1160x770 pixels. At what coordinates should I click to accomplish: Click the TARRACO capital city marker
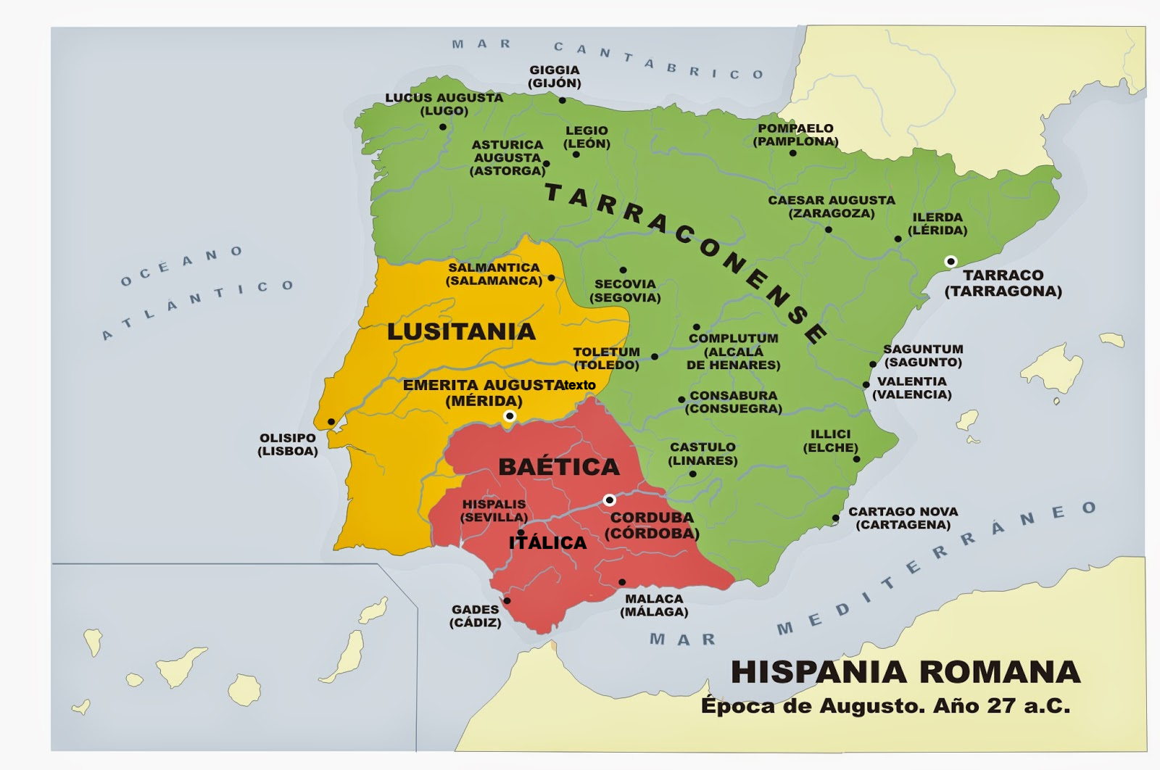950,262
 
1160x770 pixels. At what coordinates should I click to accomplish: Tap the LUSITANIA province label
461,331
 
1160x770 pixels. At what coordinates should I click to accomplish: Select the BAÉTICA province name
559,466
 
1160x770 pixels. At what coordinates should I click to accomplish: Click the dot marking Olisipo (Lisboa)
331,422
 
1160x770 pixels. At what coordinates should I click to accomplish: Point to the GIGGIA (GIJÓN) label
555,76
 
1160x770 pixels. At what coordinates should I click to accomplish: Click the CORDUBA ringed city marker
610,500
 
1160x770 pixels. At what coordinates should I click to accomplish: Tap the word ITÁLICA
547,542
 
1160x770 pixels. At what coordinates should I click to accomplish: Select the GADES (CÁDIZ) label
476,616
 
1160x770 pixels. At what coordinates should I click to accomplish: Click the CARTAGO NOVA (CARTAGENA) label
903,518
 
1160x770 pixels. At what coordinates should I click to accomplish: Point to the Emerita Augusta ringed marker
510,416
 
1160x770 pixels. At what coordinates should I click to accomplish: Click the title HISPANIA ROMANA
906,672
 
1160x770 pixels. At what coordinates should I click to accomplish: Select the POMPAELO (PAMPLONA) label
795,135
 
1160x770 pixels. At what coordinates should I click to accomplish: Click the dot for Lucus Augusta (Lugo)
443,127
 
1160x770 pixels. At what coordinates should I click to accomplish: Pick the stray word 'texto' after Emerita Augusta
580,385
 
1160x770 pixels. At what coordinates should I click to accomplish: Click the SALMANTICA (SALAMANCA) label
494,274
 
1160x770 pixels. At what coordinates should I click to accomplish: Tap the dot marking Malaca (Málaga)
622,582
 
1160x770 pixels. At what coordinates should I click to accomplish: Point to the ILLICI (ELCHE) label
830,441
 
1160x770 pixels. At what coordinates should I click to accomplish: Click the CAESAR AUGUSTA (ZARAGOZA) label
832,207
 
